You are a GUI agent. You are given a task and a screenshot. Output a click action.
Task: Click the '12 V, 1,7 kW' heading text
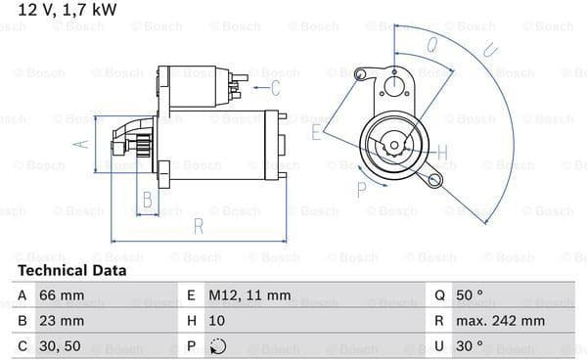[x=68, y=10]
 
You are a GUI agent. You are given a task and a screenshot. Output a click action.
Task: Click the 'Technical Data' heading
[x=71, y=271]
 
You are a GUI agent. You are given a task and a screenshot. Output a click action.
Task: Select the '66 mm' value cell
[x=62, y=295]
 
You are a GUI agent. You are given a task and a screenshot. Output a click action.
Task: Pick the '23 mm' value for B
[x=62, y=321]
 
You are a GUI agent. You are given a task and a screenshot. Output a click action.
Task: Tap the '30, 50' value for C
[x=60, y=346]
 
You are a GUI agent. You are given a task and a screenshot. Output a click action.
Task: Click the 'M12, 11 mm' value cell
[x=249, y=295]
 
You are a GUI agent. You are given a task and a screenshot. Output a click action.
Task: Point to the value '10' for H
[x=217, y=321]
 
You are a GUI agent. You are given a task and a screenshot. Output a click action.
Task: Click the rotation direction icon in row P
[x=218, y=346]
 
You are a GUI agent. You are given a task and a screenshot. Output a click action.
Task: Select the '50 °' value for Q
[x=470, y=295]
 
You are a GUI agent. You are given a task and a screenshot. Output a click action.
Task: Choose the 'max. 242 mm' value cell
[x=500, y=321]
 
